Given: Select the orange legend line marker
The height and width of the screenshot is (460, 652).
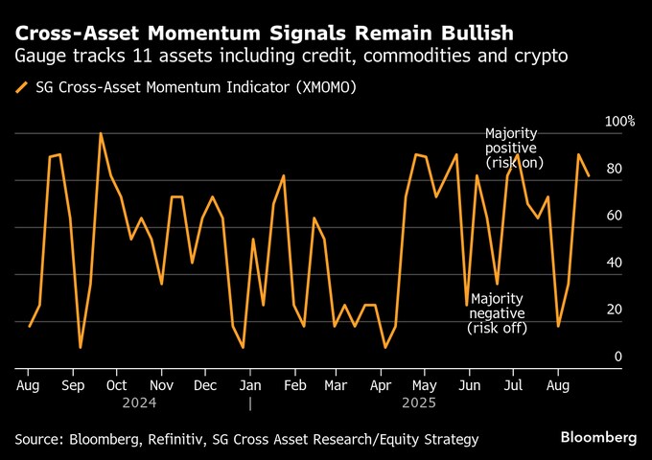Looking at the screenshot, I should (21, 88).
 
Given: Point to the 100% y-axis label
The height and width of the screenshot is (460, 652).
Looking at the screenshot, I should (618, 122).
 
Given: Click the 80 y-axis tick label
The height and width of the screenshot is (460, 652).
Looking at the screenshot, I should (615, 169).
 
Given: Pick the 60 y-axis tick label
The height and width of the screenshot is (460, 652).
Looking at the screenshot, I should (615, 216).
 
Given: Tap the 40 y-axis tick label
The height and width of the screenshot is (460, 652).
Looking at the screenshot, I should (615, 263).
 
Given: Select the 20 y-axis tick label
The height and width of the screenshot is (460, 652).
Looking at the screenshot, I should (615, 310).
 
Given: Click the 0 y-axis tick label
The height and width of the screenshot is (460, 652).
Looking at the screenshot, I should (618, 356).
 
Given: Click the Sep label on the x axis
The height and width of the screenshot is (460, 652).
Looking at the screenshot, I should (74, 385).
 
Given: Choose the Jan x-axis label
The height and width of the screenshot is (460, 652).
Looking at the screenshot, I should (249, 385).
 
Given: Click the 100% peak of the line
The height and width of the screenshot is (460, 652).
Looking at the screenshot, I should (100, 134).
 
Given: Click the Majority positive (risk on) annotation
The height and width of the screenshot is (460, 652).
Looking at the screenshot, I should (513, 148).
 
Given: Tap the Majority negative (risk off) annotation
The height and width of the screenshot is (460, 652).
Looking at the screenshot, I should (498, 312).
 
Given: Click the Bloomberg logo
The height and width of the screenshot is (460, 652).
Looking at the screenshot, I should (598, 437).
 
